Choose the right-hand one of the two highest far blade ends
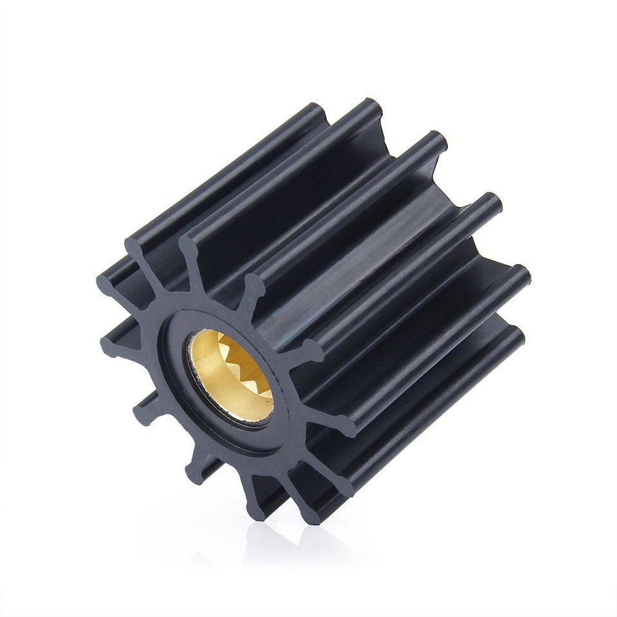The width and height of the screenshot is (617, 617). tap(371, 107)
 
